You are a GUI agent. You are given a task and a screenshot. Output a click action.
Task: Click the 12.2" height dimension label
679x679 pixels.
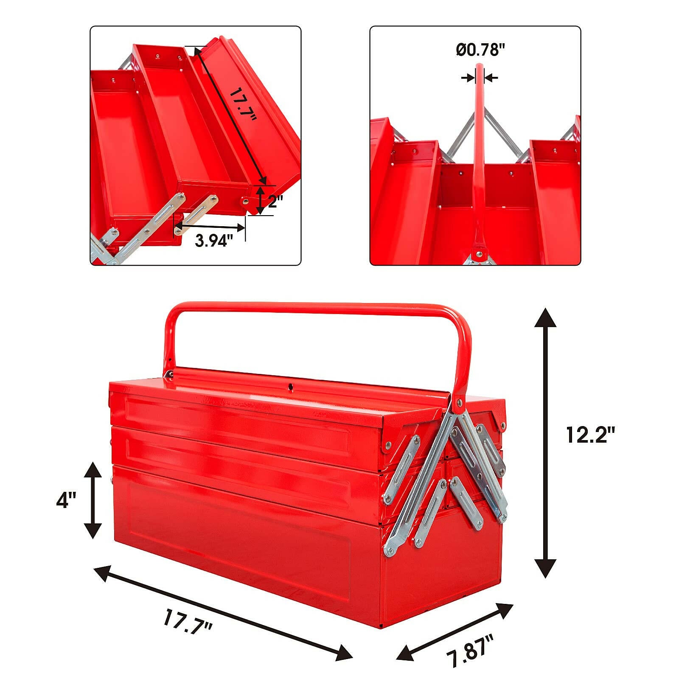[590, 435]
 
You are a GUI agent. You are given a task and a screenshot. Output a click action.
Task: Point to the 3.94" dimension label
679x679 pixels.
[214, 241]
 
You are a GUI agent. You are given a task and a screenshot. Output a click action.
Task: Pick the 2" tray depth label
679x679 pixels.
[275, 201]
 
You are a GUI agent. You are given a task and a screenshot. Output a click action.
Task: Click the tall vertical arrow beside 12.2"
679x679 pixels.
[545, 443]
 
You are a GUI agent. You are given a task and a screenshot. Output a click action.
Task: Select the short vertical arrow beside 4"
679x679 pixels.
[93, 500]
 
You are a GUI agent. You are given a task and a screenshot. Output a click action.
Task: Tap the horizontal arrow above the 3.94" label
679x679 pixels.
[210, 228]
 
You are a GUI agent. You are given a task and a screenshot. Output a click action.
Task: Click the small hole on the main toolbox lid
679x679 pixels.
[291, 387]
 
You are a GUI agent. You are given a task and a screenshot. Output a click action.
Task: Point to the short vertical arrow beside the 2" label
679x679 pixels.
[261, 200]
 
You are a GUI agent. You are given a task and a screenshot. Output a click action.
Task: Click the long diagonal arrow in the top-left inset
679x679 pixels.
[230, 115]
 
